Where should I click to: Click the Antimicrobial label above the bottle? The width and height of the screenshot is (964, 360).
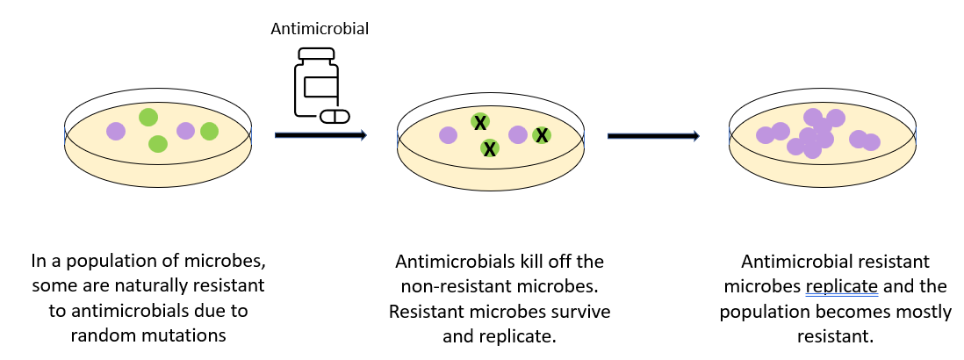tap(319, 29)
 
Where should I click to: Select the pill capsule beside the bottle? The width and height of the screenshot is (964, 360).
tap(334, 116)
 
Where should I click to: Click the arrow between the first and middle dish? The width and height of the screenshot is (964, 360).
tap(320, 135)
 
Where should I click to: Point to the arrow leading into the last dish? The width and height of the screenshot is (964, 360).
tap(653, 135)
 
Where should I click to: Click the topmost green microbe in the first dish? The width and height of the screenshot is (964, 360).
tap(147, 116)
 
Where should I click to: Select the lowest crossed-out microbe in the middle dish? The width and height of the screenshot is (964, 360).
tap(490, 148)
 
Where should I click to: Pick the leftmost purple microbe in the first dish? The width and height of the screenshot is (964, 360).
tap(116, 131)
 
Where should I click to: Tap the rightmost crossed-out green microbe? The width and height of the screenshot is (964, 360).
tap(542, 134)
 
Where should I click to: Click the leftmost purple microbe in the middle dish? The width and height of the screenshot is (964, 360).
tap(449, 134)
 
